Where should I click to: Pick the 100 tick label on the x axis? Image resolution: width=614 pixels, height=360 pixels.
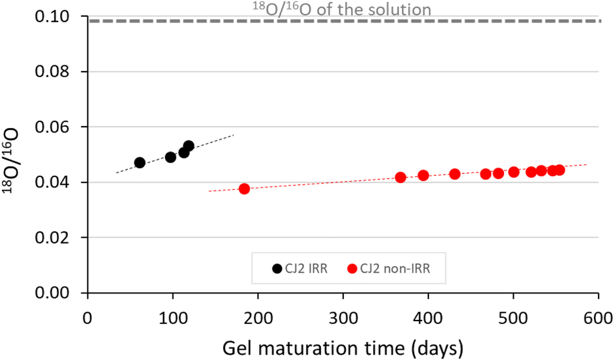coord(173,318)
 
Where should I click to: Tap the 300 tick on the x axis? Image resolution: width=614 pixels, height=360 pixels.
coord(343,318)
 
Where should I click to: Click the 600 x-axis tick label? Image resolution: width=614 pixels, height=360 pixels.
coord(598,318)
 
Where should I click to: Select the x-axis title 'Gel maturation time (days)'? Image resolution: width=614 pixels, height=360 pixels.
coord(343,347)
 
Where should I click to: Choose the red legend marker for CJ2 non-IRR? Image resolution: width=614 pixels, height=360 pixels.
coord(353,268)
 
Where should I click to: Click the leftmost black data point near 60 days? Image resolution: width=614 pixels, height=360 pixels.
coord(140,162)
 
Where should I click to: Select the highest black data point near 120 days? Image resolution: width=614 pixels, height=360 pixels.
coord(189,146)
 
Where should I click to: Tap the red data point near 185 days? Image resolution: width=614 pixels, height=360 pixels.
coord(244,189)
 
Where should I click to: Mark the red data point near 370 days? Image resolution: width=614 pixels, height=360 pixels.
coord(401,177)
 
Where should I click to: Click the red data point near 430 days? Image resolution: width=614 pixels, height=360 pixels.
coord(454,174)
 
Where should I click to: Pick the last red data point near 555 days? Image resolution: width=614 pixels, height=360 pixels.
coord(560,170)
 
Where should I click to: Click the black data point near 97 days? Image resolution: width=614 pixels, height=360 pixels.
coord(171,157)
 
